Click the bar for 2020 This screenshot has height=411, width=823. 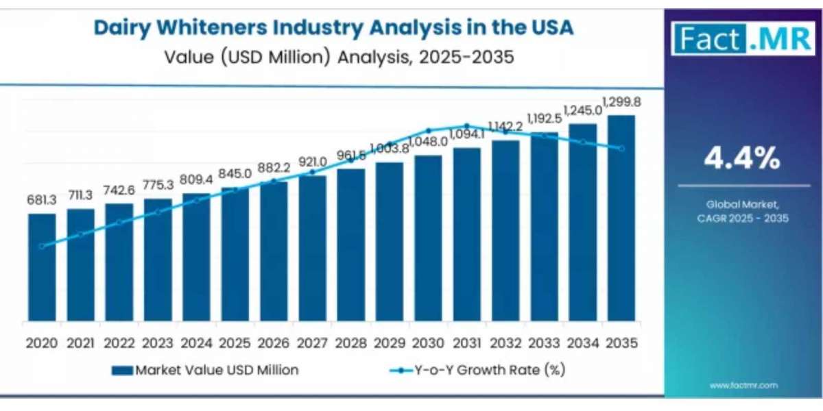coord(42,267)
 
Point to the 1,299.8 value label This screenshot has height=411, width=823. coord(622,102)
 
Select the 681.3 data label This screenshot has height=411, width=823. coord(42,199)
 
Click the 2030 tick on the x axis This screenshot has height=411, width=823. coord(428,342)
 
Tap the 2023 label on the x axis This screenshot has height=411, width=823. coord(158,342)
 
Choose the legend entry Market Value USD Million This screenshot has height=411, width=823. coord(205,370)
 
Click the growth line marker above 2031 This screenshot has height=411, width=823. coord(467,125)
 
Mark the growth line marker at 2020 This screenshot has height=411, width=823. coord(42,247)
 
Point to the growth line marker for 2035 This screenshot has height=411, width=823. coord(621,148)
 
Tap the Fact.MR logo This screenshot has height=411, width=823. coord(743,38)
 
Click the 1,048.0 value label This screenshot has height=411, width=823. coord(428,142)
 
